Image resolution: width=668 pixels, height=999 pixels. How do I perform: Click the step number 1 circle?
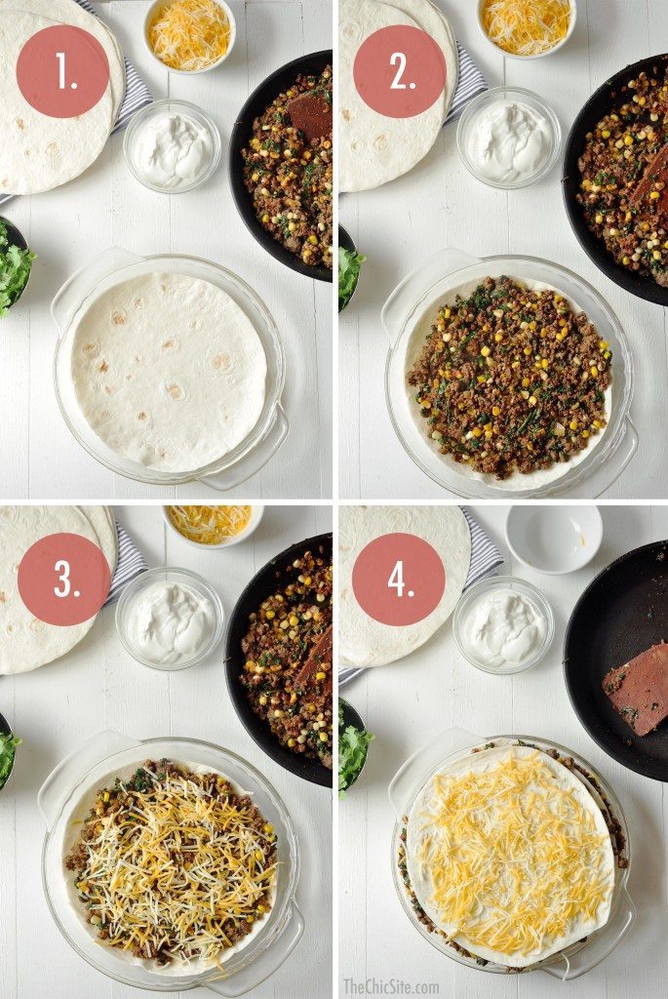point(63,71)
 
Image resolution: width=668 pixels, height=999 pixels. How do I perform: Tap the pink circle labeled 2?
point(399,71)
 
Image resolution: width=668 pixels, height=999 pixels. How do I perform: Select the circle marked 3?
point(64,579)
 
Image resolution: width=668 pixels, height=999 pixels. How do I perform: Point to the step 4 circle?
point(398,579)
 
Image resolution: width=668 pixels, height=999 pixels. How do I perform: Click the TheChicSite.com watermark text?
point(390,986)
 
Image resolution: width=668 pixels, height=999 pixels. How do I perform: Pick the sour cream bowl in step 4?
point(502,624)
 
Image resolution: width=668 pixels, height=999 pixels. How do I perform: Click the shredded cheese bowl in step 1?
point(189,34)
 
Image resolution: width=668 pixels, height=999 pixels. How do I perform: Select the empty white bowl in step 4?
point(554,537)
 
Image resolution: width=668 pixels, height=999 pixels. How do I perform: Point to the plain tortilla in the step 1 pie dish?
point(168,371)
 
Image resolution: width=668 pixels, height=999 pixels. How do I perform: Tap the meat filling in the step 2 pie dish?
point(508,376)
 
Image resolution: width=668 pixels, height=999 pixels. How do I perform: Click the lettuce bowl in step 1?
point(13,268)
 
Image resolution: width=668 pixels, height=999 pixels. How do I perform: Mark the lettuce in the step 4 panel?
point(353,746)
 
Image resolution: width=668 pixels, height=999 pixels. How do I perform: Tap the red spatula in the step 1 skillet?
point(311,115)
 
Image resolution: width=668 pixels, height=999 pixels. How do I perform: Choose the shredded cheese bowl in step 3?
point(212,523)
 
